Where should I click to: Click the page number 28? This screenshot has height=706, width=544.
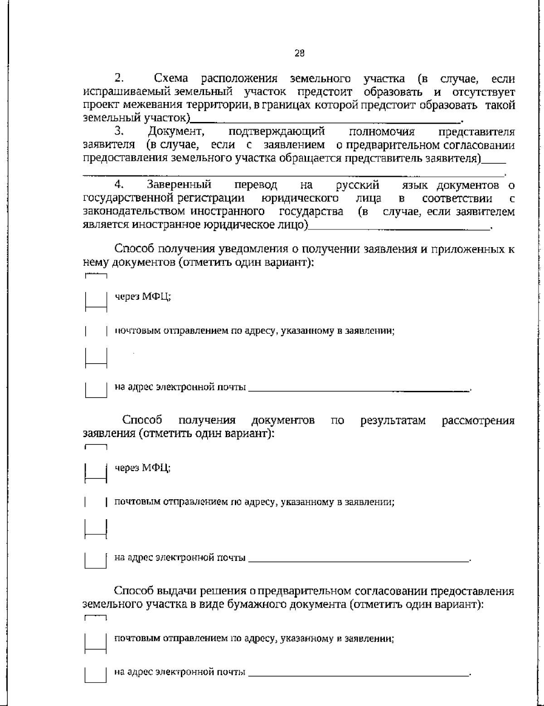coord(300,54)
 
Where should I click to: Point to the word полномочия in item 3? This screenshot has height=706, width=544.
coord(382,132)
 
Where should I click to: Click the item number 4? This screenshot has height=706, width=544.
coord(119,185)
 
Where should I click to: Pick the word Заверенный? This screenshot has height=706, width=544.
coord(179,185)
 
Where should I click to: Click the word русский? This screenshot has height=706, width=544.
coord(358,185)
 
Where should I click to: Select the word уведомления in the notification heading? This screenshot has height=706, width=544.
coord(258,249)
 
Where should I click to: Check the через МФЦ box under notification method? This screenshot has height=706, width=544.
coord(96,299)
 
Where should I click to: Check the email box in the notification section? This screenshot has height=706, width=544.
coord(96,389)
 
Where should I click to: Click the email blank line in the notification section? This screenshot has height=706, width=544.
coord(358,389)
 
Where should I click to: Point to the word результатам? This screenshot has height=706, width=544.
coord(393,420)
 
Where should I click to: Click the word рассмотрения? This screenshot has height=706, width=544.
coord(478,420)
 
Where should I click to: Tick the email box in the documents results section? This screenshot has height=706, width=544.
coord(96,559)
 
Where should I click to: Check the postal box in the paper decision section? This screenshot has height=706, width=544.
coord(96,641)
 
